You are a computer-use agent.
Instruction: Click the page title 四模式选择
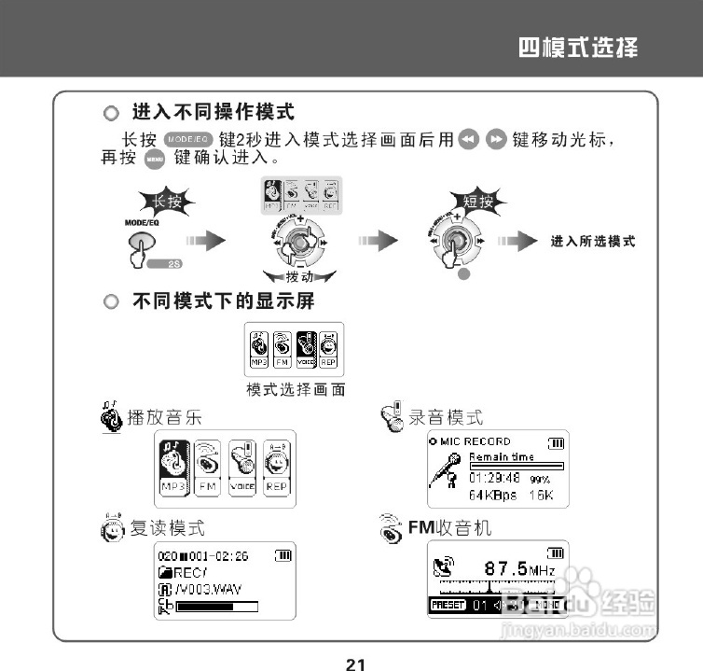(578, 47)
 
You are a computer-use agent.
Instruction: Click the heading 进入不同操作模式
(214, 112)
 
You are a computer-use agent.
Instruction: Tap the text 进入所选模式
(593, 242)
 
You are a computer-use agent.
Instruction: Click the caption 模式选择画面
(295, 389)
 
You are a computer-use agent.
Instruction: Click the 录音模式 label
(447, 416)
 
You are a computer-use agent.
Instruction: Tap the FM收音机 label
(449, 528)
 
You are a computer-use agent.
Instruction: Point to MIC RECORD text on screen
(476, 441)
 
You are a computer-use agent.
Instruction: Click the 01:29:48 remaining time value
(494, 478)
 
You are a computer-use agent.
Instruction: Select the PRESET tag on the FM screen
(448, 605)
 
